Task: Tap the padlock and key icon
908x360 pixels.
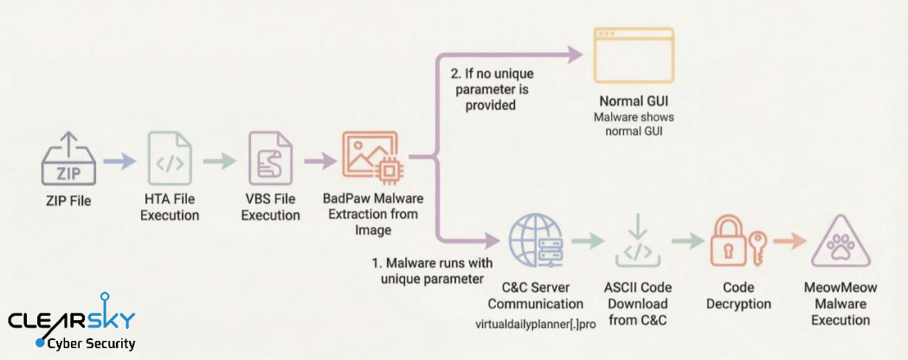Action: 733,242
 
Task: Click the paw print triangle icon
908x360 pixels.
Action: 835,243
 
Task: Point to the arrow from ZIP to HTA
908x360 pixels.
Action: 119,161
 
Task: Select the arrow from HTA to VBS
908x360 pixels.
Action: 221,161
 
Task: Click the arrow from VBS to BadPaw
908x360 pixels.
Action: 320,161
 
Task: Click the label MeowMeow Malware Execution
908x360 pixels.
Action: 835,304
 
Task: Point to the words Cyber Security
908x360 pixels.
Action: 92,344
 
